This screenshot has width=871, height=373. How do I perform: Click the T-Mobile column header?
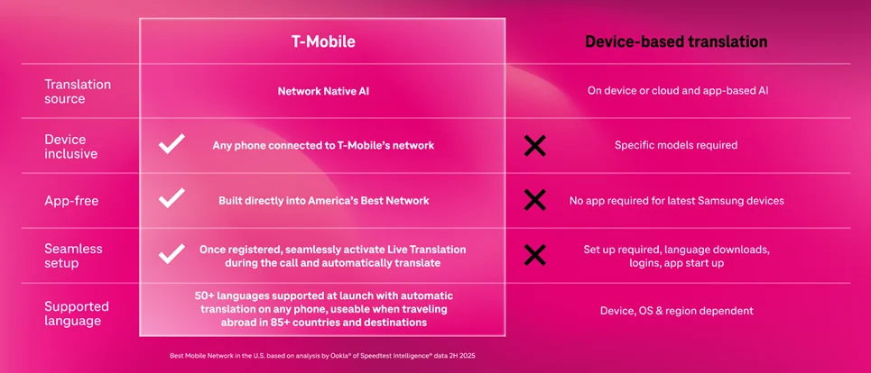coord(321,41)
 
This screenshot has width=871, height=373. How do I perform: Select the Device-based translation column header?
coord(676,41)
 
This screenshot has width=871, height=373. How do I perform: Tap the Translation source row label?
coord(79,91)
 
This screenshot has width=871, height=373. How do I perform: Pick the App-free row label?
coord(72,201)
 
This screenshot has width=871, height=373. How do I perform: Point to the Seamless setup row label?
coord(74,255)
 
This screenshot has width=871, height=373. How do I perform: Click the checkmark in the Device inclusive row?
coord(171,144)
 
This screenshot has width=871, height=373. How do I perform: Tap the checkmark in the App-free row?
coord(171,199)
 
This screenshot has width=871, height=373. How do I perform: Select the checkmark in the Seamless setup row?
coord(171,254)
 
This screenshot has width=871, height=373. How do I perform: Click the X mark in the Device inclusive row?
coord(534,145)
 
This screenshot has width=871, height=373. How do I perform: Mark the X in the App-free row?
coord(534,200)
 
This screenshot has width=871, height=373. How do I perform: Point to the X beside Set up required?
coord(534,255)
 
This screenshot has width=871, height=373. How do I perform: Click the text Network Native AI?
coord(321,91)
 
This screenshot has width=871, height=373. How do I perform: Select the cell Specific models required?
coord(676,145)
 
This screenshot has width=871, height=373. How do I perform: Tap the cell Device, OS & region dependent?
coord(676,311)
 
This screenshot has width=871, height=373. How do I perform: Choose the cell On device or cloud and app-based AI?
coord(676,90)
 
